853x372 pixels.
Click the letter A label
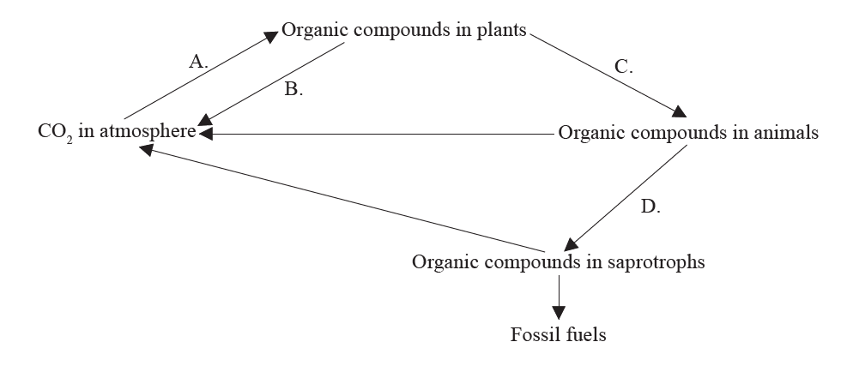pos(198,61)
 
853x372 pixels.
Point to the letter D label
pos(650,207)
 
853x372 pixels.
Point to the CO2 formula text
pos(55,135)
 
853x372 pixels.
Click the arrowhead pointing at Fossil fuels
pos(559,312)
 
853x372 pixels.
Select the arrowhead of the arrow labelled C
pos(680,111)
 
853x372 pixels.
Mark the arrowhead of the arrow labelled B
pos(207,123)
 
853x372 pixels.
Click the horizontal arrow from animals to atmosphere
pos(378,134)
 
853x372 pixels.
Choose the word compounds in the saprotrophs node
pos(530,262)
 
